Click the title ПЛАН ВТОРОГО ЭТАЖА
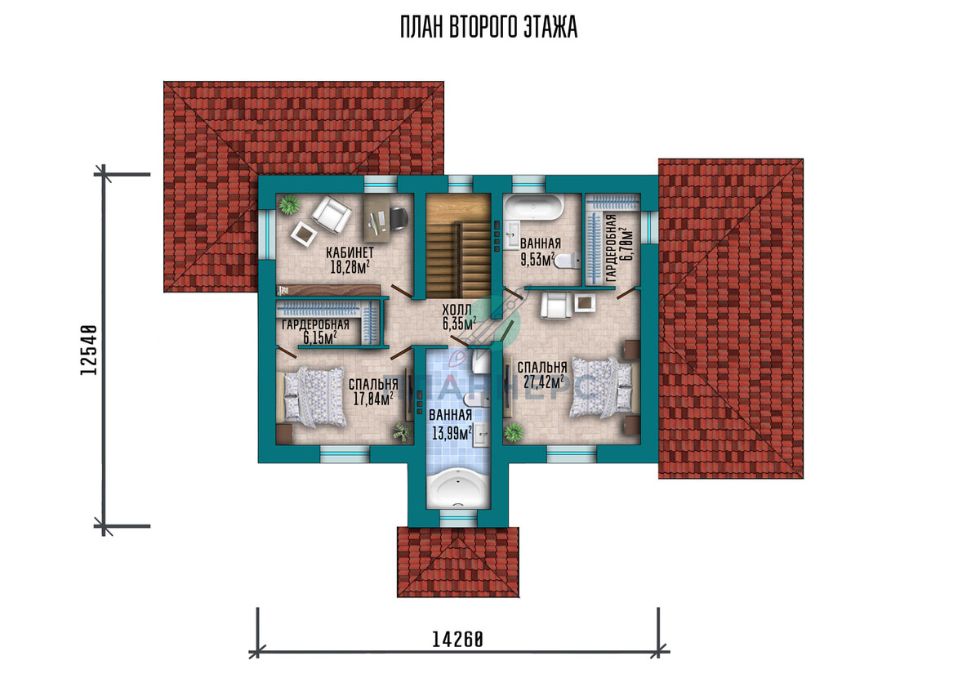tap(488, 27)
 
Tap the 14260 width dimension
tap(457, 640)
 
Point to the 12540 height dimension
tap(88, 350)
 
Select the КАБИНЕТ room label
tap(350, 252)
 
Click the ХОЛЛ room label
tap(457, 310)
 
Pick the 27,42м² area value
tap(544, 382)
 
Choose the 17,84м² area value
tap(372, 399)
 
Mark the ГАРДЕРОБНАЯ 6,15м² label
tap(316, 331)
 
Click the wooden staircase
tap(458, 246)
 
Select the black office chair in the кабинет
tap(399, 218)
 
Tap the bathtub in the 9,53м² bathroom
tap(532, 207)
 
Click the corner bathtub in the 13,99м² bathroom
tap(458, 489)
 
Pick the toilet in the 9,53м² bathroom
tap(567, 261)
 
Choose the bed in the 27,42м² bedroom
tap(603, 388)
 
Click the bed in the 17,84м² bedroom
tap(312, 397)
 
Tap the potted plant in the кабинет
tap(289, 204)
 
